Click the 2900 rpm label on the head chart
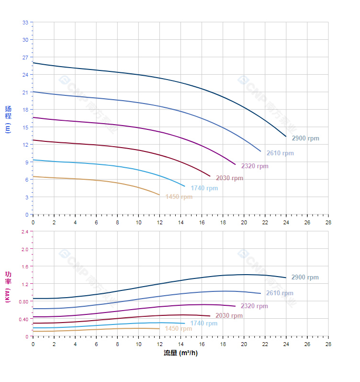pos(305,139)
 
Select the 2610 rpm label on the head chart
pos(280,153)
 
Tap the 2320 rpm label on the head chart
pos(255,166)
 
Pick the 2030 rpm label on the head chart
pos(229,178)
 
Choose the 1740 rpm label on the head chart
pos(204,188)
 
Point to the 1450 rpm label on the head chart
pos(179,197)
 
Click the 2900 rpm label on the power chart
pos(305,278)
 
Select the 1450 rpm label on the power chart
pos(179,329)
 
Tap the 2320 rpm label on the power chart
pos(255,306)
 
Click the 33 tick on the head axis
pos(25,23)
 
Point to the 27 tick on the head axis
pos(25,58)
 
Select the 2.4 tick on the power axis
pos(24,232)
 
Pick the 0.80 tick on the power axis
pos(23,301)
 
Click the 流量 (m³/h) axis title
pos(180,353)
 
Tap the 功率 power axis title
pos(8,286)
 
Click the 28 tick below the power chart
pos(328,344)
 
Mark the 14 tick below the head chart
pos(180,222)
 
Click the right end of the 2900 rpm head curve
pos(286,137)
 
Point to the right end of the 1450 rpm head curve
pos(159,195)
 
